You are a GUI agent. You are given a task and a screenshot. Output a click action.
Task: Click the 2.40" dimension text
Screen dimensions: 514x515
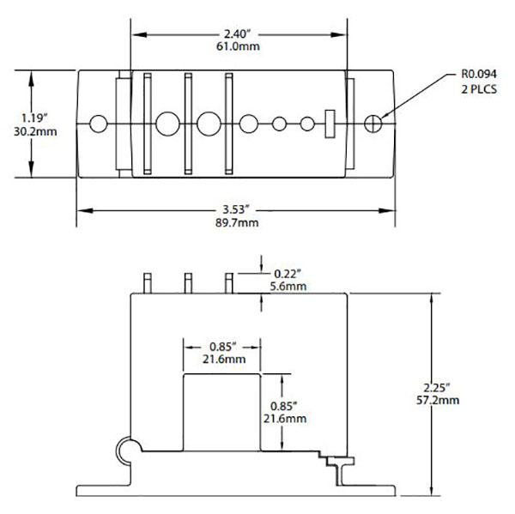coord(239,34)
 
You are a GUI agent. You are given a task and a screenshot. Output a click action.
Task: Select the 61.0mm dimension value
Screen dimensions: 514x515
coord(239,48)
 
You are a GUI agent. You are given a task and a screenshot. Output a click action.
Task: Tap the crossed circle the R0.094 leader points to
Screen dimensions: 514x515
coord(372,124)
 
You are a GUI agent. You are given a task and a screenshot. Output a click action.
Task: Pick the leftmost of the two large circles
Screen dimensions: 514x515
coord(166,124)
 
